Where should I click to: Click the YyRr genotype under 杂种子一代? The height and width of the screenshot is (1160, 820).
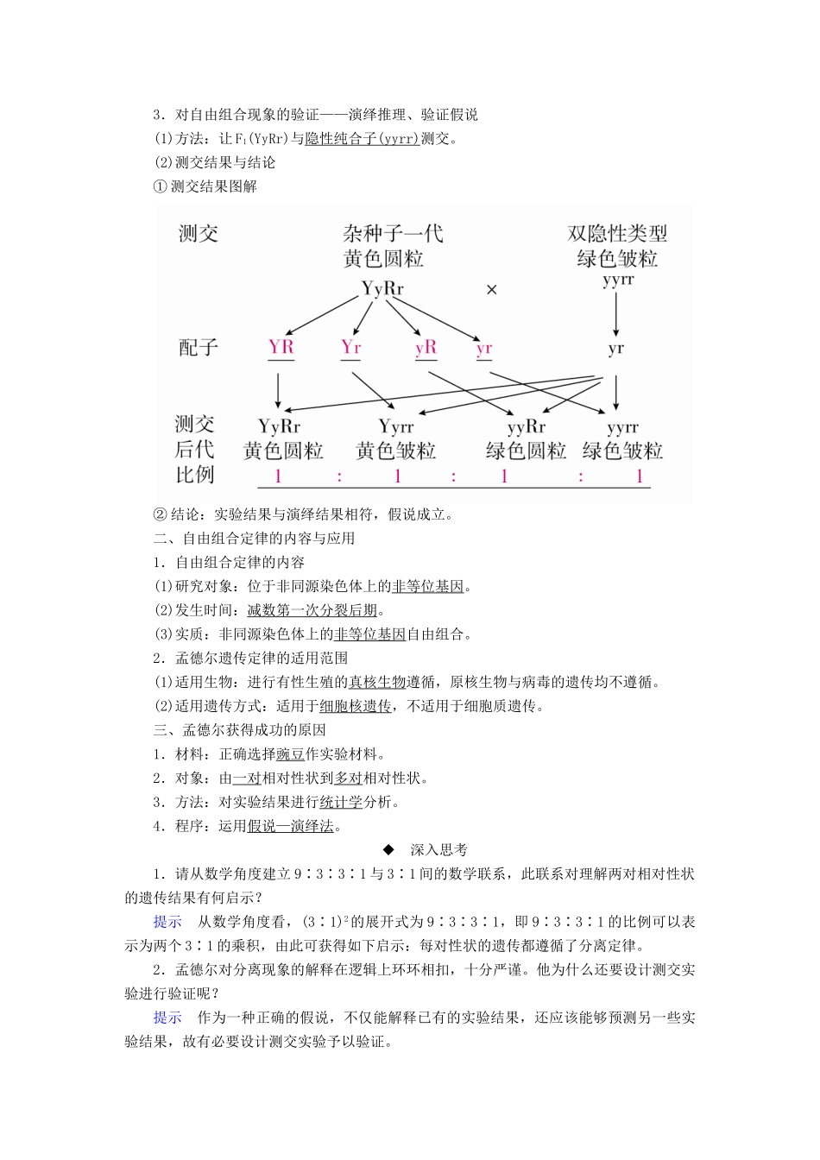pos(382,288)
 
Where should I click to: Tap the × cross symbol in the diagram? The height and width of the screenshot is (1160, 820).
pos(492,290)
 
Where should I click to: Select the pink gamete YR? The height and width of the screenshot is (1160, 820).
pos(281,347)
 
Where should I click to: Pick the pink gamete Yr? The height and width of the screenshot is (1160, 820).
pos(350,347)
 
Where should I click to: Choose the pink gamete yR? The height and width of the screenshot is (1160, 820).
pos(426,347)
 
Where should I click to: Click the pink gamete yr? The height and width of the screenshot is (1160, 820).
pos(483,349)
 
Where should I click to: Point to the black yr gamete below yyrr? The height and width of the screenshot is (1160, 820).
pos(615,349)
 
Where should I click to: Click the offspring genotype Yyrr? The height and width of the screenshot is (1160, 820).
pos(396,426)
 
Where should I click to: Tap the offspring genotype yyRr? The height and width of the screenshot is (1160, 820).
pos(527,426)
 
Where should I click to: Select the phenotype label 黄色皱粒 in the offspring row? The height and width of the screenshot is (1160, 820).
pos(396,451)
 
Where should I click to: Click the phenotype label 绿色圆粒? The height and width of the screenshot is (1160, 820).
pos(527,451)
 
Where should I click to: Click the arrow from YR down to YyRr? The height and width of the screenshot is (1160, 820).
pos(278,390)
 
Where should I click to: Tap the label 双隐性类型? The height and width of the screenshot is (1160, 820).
pos(617,234)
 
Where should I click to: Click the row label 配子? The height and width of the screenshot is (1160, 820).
pos(198,347)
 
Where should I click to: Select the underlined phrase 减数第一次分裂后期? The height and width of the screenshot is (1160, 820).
pos(312,610)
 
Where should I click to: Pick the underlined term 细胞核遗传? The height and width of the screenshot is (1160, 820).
pos(356,706)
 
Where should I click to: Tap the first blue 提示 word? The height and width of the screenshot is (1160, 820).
pos(167,922)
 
